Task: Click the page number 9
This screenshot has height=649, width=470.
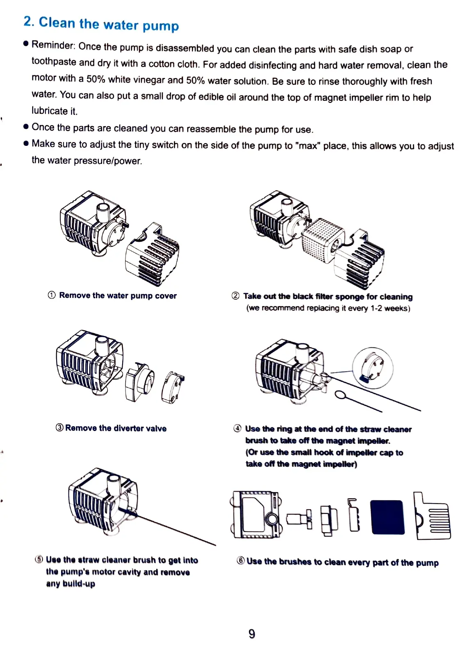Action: (x=252, y=634)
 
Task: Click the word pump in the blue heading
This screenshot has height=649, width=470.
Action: (x=160, y=26)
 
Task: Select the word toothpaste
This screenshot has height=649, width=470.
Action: (x=54, y=61)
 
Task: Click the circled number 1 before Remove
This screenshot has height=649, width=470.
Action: (x=52, y=295)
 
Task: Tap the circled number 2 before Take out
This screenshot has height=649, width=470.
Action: (x=235, y=296)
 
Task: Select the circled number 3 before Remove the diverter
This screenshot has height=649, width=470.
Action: (x=59, y=428)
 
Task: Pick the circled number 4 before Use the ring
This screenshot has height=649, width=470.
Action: (x=237, y=429)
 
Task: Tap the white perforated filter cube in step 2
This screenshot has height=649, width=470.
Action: (x=322, y=240)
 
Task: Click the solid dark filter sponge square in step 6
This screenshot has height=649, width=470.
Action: (x=387, y=517)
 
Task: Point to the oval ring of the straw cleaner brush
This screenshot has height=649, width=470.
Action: (x=341, y=395)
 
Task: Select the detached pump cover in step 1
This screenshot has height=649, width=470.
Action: (x=153, y=254)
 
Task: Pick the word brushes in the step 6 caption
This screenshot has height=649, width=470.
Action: (x=295, y=562)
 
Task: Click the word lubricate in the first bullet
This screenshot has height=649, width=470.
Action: (x=50, y=111)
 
